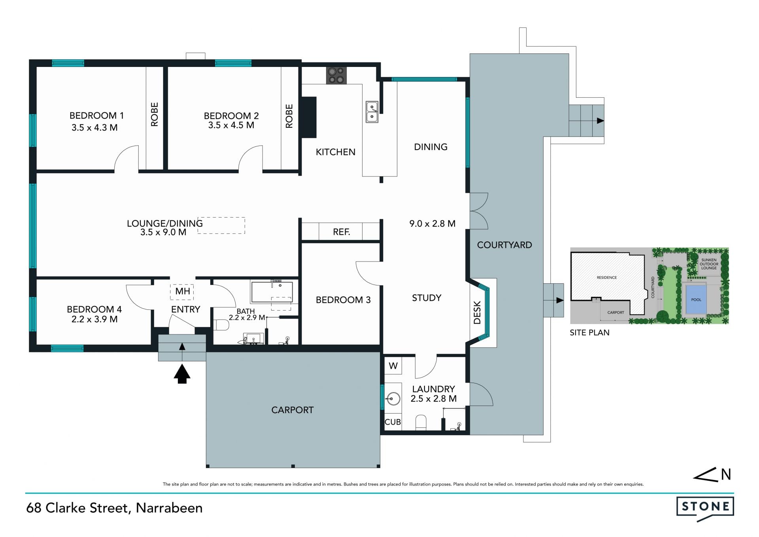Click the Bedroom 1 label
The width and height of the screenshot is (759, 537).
[96, 116]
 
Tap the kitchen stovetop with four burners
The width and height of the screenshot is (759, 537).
[336, 75]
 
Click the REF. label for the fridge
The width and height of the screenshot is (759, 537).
[342, 232]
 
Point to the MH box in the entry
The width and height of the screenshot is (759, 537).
[183, 291]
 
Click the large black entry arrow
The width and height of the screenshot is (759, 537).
[182, 374]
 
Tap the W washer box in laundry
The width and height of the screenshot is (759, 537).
[393, 366]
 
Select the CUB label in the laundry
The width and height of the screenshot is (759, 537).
[393, 422]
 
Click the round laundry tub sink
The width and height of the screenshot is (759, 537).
[393, 398]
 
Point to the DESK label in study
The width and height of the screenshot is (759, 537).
[477, 313]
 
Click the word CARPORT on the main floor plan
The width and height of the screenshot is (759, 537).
[293, 410]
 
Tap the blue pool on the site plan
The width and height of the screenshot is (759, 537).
[696, 300]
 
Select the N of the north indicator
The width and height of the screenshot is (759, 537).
[726, 474]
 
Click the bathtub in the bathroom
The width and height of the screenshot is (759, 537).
[272, 292]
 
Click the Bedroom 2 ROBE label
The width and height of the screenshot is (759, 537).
[289, 116]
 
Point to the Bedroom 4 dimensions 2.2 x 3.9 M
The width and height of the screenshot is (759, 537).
[94, 319]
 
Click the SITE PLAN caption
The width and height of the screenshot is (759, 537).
[589, 333]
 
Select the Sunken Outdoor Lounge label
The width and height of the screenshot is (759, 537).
[709, 264]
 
